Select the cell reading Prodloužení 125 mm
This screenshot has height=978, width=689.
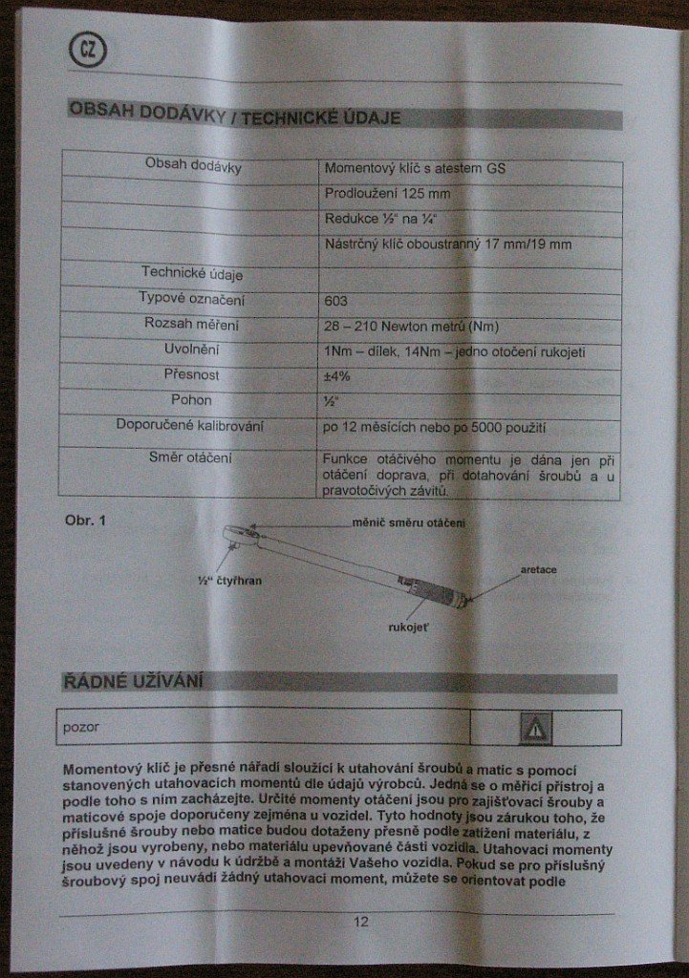click(x=374, y=193)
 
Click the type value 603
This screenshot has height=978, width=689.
click(x=336, y=301)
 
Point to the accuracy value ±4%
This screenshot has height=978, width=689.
click(x=338, y=376)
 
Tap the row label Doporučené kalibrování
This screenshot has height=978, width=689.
click(x=189, y=425)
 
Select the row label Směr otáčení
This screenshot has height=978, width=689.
click(x=190, y=457)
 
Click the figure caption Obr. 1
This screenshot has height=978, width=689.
click(x=84, y=520)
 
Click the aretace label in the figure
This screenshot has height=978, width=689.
click(x=538, y=569)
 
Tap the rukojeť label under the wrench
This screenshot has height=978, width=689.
click(x=409, y=629)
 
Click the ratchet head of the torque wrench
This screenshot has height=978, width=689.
click(x=238, y=531)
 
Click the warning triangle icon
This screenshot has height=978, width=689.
click(x=535, y=729)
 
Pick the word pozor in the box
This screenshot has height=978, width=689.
click(x=81, y=727)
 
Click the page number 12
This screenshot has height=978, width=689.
click(x=360, y=922)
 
